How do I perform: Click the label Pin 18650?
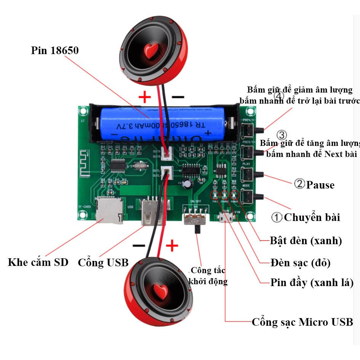click(x=55, y=50)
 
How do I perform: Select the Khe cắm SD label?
click(x=38, y=262)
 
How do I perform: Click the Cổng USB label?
click(x=103, y=262)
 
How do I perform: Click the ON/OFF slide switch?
click(x=196, y=218)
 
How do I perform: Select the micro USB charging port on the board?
click(x=227, y=218)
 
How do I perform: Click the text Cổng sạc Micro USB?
click(x=302, y=322)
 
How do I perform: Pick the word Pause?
click(x=320, y=185)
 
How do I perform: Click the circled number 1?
click(x=277, y=218)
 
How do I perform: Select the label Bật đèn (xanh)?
click(x=306, y=241)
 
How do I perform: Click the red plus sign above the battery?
click(x=145, y=98)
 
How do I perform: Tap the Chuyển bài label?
click(x=312, y=218)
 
